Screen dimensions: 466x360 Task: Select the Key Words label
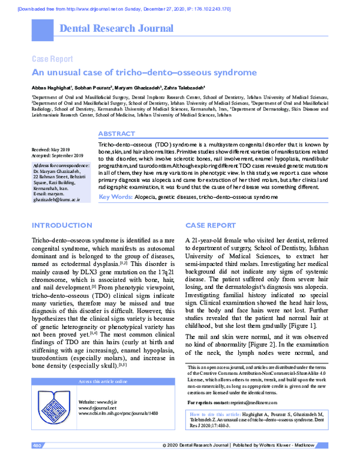coord(115,197)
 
